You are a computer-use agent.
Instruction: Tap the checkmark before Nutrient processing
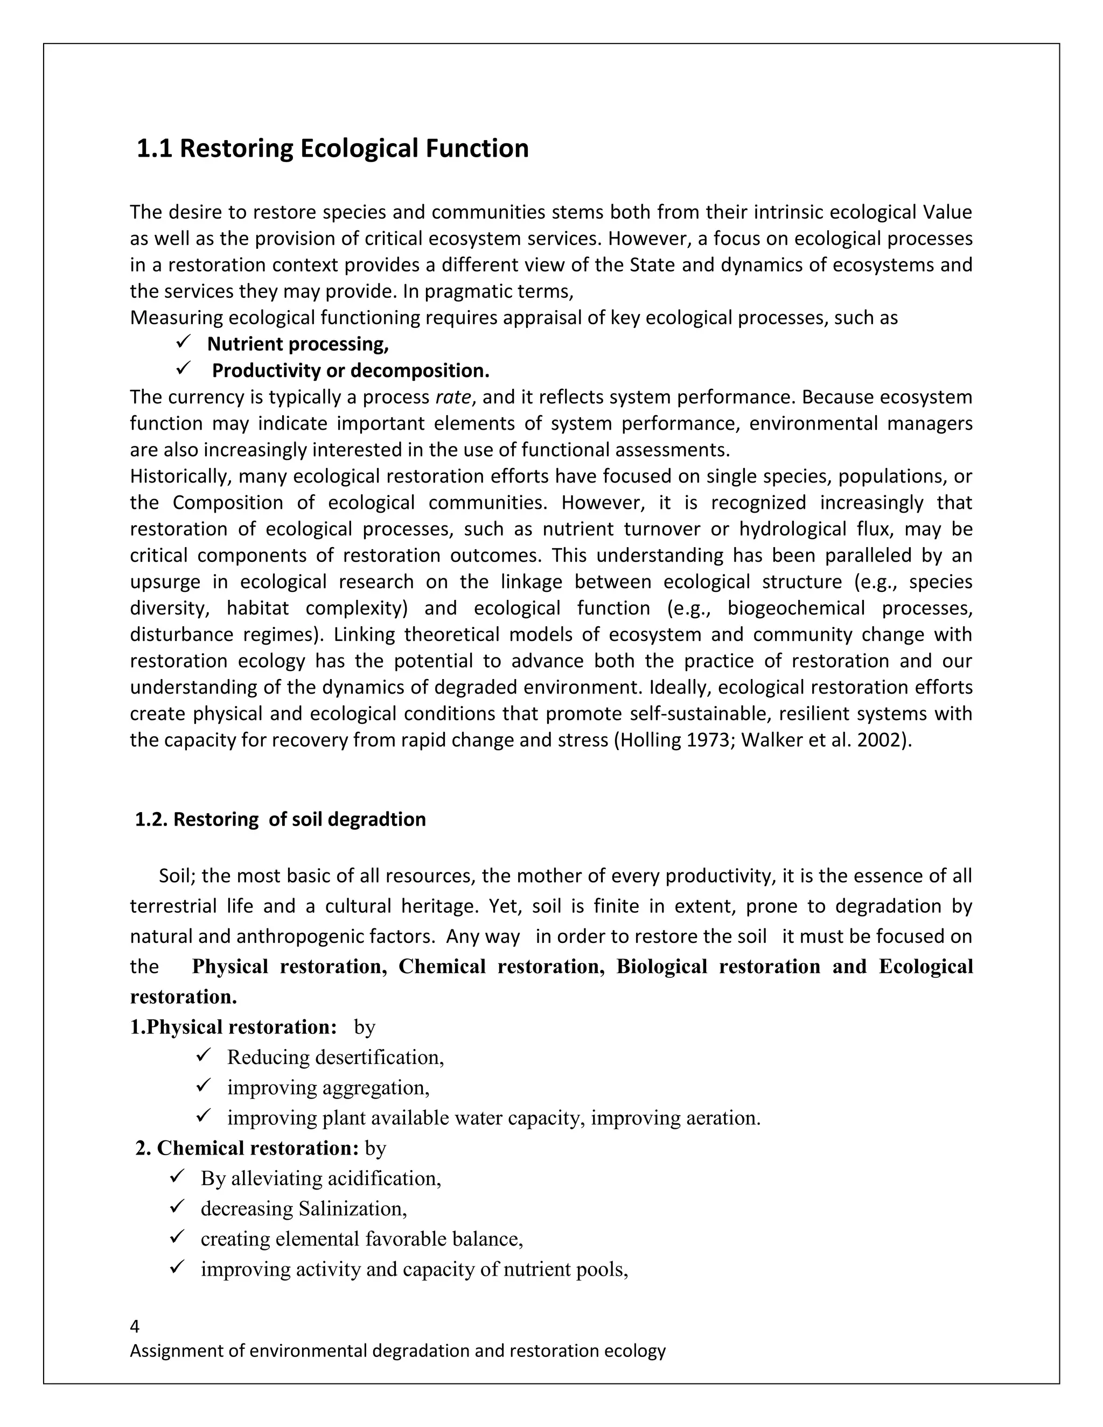tap(183, 342)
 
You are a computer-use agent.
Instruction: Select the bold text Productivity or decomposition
tap(350, 371)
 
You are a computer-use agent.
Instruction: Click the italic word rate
tap(452, 397)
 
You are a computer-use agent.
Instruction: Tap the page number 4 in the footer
tap(135, 1326)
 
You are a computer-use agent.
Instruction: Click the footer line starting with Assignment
tap(397, 1351)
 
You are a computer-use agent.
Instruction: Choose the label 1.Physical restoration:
tap(233, 1027)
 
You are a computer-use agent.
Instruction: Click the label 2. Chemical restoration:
tap(247, 1148)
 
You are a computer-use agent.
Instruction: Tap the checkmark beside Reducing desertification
tap(203, 1055)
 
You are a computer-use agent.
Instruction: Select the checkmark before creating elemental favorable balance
tap(177, 1237)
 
